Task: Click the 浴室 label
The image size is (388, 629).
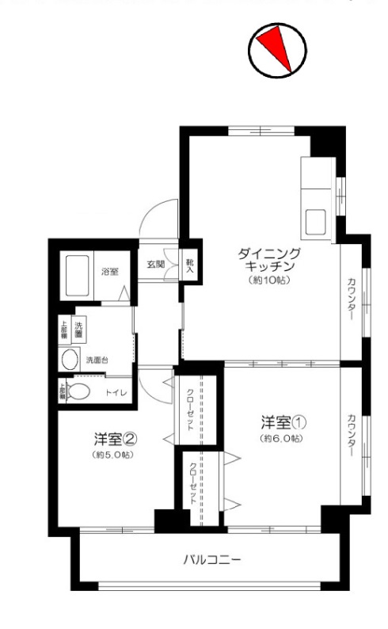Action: [109, 272]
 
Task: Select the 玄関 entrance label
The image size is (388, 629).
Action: [155, 264]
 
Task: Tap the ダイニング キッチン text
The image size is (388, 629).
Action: [269, 260]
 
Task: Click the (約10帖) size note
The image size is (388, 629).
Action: [269, 280]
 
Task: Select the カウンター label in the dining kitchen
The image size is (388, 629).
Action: [351, 300]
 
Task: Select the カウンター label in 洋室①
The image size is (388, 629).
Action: [351, 436]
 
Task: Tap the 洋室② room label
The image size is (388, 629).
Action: [112, 438]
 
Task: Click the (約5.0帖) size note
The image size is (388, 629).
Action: [112, 456]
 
